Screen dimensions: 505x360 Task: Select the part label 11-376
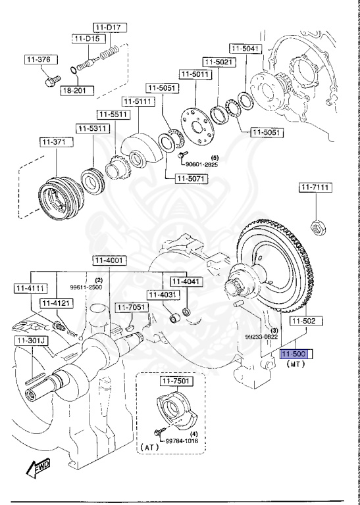coord(38,60)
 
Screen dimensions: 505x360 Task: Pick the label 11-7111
coord(316,187)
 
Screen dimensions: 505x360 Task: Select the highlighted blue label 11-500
coord(296,353)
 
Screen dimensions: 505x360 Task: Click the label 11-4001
coord(108,260)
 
